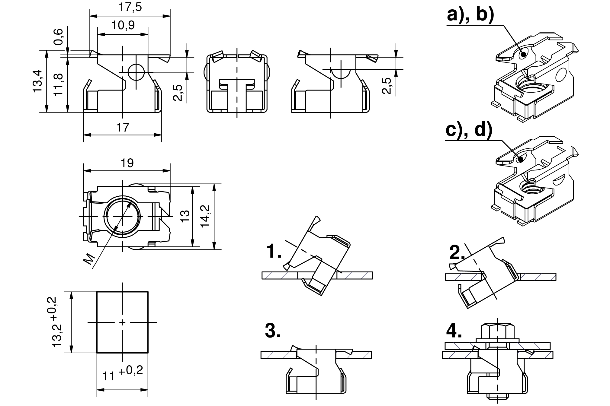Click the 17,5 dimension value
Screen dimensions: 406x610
130,7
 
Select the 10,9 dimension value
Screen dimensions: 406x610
123,25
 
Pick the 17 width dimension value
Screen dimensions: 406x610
123,128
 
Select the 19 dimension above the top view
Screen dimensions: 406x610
127,163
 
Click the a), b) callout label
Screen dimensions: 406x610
470,15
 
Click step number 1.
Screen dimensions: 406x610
274,252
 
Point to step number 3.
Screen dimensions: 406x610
273,331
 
